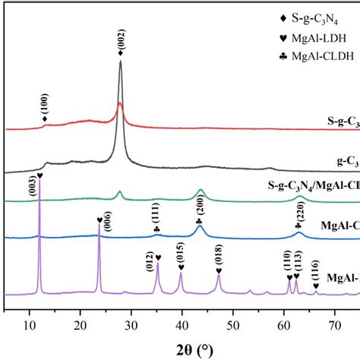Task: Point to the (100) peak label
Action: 46,102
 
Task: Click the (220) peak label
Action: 298,210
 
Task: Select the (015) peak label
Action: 181,253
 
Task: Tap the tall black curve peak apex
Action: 121,62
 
